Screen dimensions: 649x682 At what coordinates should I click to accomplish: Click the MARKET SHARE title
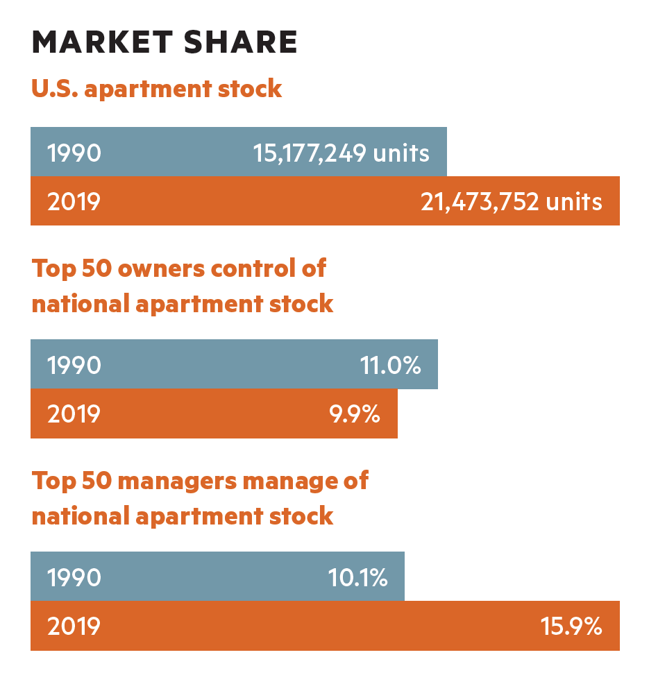[165, 42]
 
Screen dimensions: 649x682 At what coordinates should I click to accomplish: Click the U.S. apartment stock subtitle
[157, 89]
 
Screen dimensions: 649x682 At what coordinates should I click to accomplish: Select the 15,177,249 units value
[342, 153]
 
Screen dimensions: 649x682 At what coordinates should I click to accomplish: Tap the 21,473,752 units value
[512, 202]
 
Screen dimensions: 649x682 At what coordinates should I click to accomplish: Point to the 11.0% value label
[391, 365]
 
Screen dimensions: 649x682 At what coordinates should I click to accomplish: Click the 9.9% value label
[355, 414]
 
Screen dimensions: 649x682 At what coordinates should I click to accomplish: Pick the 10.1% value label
[357, 578]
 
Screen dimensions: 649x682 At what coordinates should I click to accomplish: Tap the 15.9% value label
[571, 626]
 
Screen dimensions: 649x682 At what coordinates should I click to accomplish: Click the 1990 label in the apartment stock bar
[74, 153]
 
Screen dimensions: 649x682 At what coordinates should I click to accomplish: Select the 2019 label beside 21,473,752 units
[74, 202]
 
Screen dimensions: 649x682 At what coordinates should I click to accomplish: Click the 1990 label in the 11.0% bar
[74, 365]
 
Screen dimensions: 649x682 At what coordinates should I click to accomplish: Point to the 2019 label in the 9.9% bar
[74, 414]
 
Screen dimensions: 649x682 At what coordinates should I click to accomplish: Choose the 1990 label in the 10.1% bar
[74, 578]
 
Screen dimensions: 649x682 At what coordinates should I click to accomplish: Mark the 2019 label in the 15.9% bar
[74, 626]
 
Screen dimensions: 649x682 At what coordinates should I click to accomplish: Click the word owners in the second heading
[161, 269]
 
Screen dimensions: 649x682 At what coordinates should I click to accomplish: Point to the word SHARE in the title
[241, 42]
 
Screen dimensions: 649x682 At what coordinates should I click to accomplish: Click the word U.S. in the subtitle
[55, 88]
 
